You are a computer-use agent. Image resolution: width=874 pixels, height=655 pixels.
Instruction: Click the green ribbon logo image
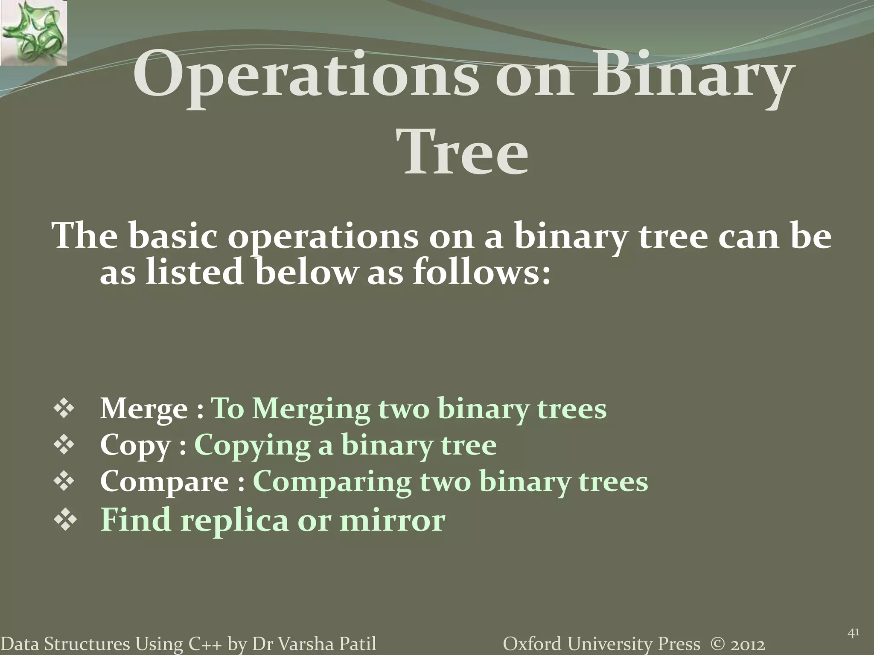tap(33, 32)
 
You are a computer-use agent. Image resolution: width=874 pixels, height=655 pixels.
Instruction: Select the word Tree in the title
tap(465, 152)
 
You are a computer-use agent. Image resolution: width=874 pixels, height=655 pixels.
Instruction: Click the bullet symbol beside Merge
tap(64, 409)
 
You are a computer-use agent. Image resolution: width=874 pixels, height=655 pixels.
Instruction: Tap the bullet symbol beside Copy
tap(64, 445)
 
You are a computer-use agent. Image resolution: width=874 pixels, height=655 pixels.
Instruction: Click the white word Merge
tap(144, 409)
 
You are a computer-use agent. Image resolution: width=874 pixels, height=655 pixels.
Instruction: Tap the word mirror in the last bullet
tap(392, 520)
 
